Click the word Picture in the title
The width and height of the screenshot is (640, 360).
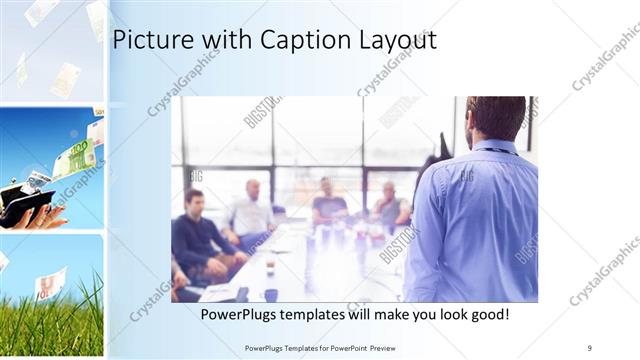tap(151, 40)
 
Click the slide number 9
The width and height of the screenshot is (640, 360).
tap(590, 347)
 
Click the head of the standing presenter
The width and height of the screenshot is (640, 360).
tap(496, 118)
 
